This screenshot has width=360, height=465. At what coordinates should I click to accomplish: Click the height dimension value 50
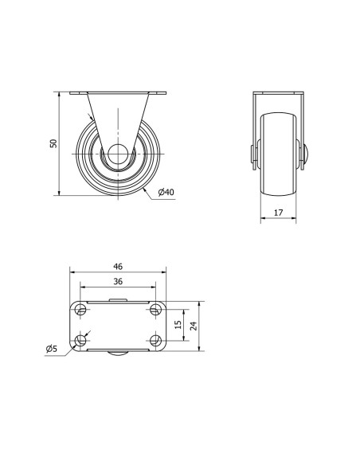tap(53, 143)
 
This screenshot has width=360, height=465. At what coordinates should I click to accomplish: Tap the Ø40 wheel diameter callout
tap(166, 192)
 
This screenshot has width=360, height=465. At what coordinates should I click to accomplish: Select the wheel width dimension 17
tap(279, 213)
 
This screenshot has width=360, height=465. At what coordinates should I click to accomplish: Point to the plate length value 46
tap(118, 267)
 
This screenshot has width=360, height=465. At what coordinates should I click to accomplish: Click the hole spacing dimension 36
tap(118, 281)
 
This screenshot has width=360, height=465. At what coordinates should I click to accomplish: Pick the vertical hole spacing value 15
tap(178, 324)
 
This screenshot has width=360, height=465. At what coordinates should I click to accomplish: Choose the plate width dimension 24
tap(194, 326)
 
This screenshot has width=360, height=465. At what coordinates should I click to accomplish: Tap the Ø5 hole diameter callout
tap(51, 349)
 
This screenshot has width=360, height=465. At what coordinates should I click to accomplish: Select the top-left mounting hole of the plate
tap(80, 310)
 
